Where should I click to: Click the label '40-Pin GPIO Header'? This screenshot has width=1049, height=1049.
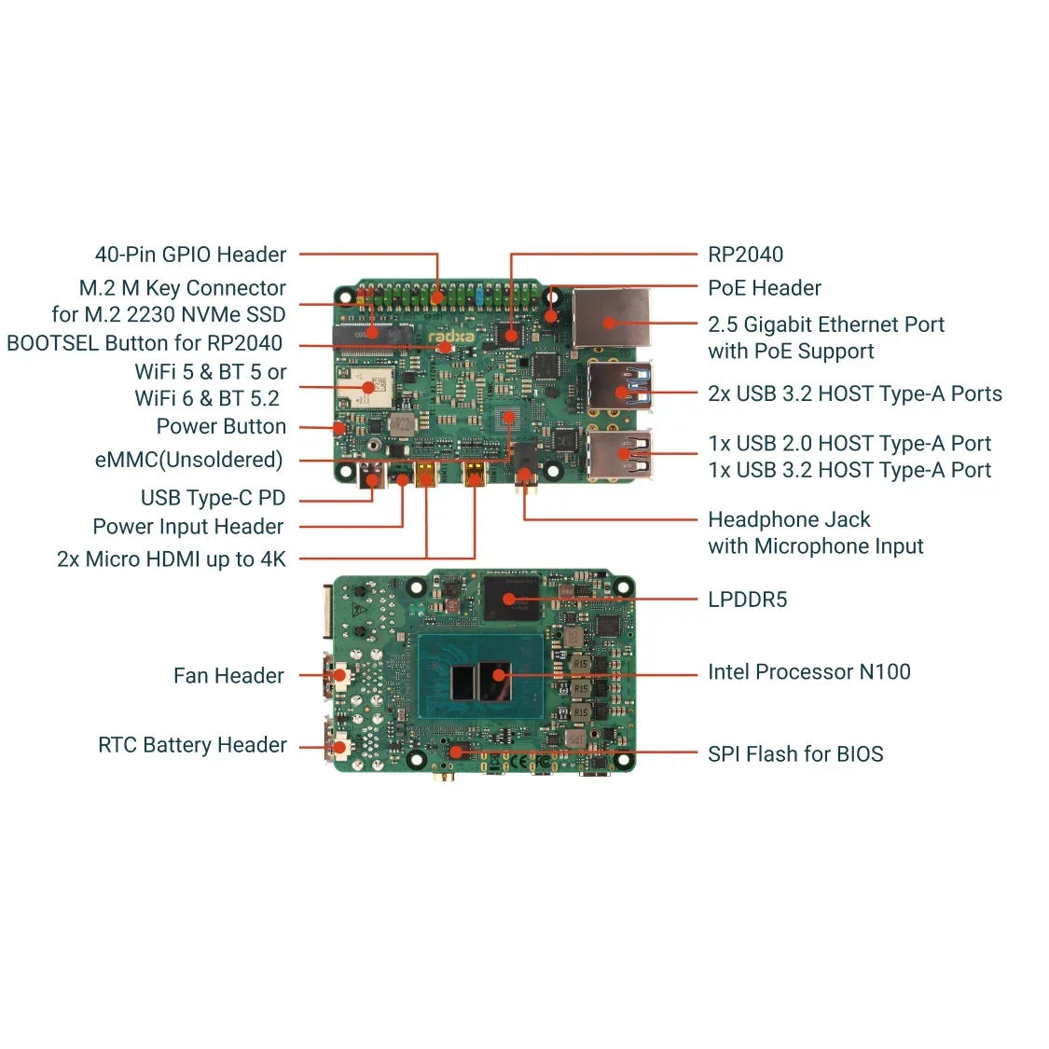pyautogui.click(x=190, y=255)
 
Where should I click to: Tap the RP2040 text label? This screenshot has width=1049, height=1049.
pyautogui.click(x=745, y=255)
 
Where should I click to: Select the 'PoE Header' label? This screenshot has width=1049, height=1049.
pyautogui.click(x=764, y=288)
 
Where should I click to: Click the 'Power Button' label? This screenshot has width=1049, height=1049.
pyautogui.click(x=221, y=426)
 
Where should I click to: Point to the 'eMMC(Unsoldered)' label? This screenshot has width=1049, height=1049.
pyautogui.click(x=188, y=460)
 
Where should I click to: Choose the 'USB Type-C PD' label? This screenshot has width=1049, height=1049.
pyautogui.click(x=213, y=498)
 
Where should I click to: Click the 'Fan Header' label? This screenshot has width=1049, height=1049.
pyautogui.click(x=228, y=675)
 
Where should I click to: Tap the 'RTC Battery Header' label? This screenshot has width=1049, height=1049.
pyautogui.click(x=192, y=745)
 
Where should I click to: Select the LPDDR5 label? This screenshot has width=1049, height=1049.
pyautogui.click(x=747, y=600)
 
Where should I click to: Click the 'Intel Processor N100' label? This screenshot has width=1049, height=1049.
pyautogui.click(x=808, y=671)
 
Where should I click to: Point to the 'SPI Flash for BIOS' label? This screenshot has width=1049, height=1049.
pyautogui.click(x=794, y=753)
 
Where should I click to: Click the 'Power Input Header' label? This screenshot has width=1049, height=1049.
pyautogui.click(x=187, y=527)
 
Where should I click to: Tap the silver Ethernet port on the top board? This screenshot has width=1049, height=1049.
pyautogui.click(x=611, y=320)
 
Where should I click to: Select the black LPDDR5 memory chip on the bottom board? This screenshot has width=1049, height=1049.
pyautogui.click(x=512, y=598)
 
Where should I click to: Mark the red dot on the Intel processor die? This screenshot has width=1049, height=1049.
pyautogui.click(x=499, y=675)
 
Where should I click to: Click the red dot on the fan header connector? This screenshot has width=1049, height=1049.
pyautogui.click(x=341, y=675)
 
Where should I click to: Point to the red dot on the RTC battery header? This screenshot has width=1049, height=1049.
pyautogui.click(x=341, y=746)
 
